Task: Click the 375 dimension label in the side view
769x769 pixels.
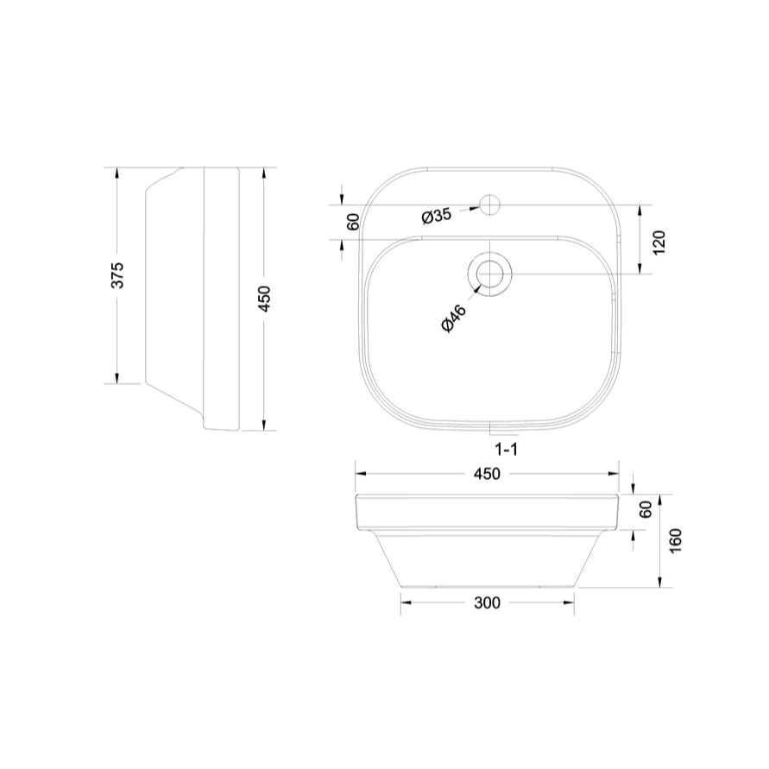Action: (119, 274)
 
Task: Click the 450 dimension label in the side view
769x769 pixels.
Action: (265, 298)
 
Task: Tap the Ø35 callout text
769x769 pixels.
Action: (437, 216)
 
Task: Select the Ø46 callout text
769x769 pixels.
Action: (453, 319)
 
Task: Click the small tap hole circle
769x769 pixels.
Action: (489, 205)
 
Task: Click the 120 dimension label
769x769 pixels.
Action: (659, 243)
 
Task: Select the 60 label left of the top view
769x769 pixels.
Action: (352, 222)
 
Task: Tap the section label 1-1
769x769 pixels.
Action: (506, 449)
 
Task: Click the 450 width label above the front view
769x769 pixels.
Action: (488, 474)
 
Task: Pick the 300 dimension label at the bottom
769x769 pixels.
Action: (487, 603)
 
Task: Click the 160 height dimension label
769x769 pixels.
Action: (675, 541)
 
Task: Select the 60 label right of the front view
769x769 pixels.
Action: (645, 509)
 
